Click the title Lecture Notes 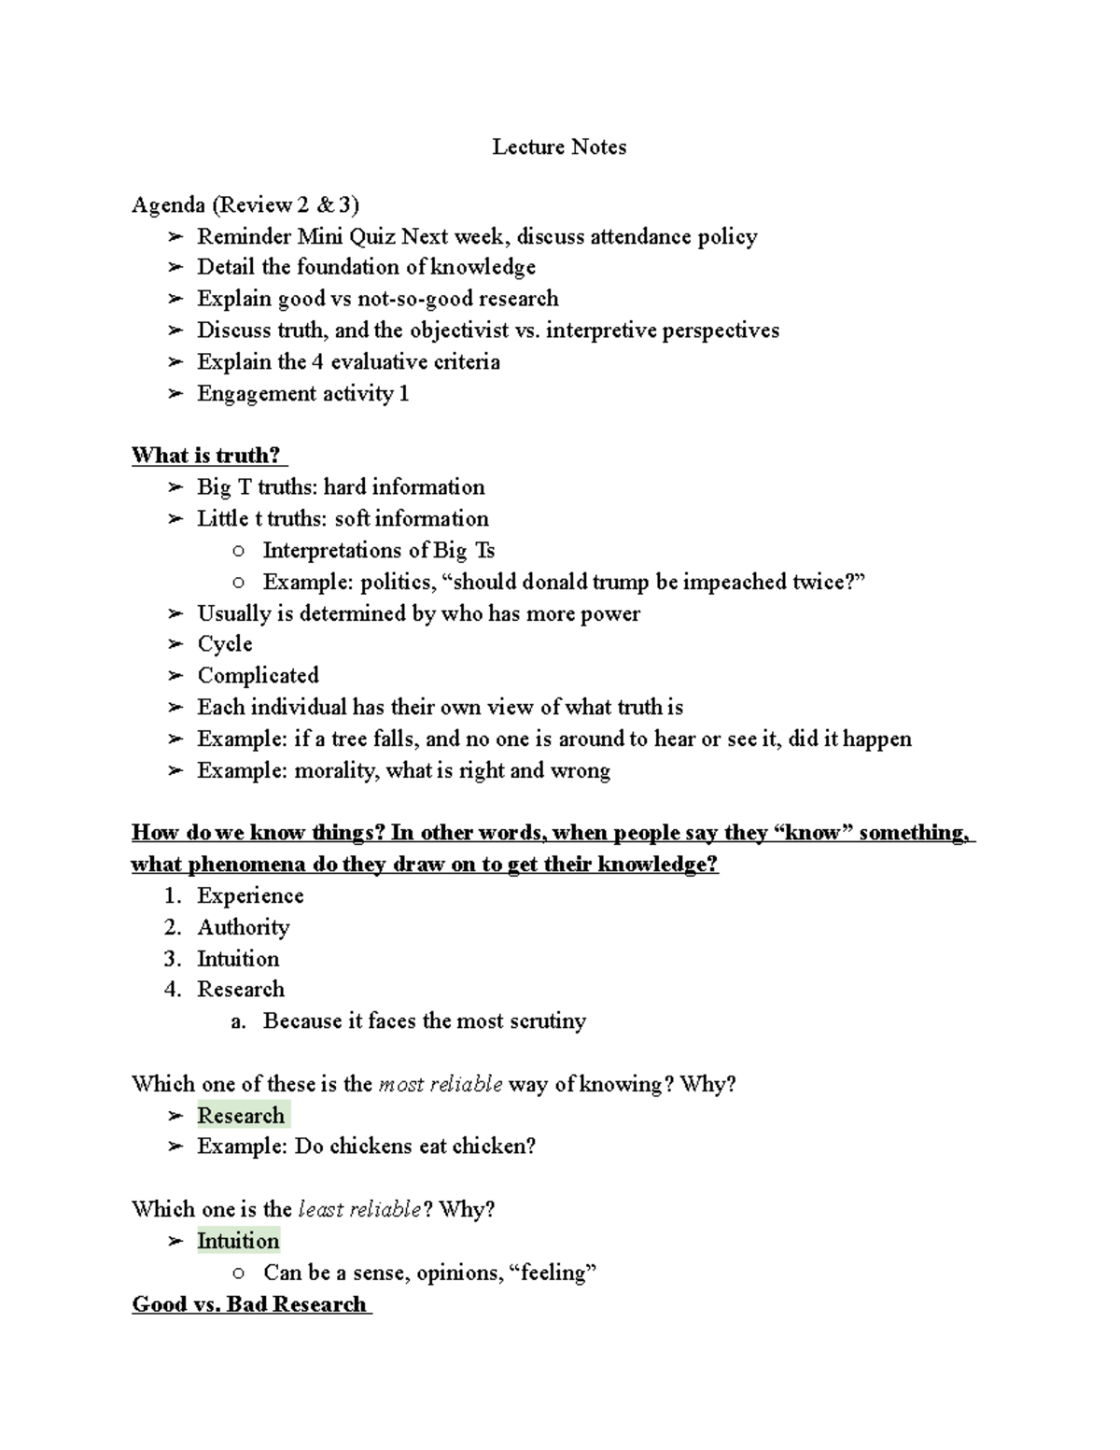[559, 147]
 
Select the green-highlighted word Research [241, 1115]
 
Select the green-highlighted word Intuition [238, 1241]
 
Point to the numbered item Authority [243, 927]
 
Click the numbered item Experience [250, 895]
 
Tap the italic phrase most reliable [441, 1084]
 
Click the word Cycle [225, 644]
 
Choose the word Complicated [258, 675]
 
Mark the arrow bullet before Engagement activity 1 [175, 394]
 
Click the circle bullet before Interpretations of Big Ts [239, 551]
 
